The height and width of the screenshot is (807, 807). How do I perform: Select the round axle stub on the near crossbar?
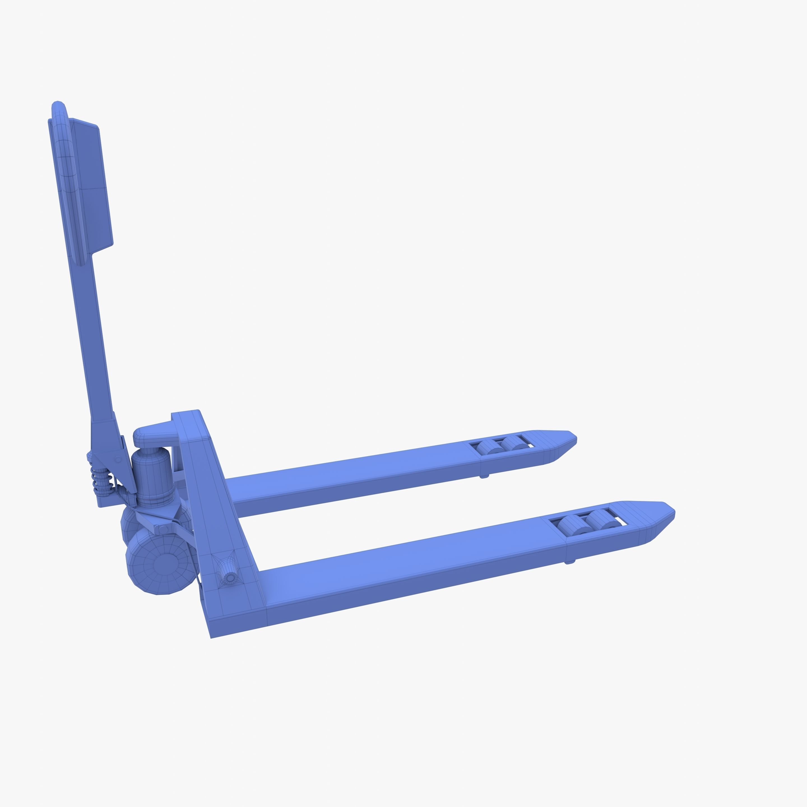[x=229, y=578]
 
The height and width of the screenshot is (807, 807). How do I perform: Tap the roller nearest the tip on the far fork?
[x=515, y=442]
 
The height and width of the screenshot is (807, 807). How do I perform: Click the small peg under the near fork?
[x=570, y=562]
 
